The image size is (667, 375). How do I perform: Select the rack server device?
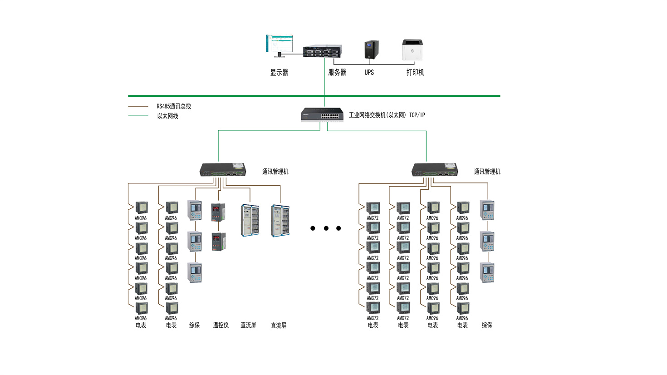click(322, 51)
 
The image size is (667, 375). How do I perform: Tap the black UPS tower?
click(371, 50)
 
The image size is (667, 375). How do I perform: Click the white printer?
click(412, 50)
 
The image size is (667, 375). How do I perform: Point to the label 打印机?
click(415, 73)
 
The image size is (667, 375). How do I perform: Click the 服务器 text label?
click(337, 73)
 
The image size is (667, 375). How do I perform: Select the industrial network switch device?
click(322, 114)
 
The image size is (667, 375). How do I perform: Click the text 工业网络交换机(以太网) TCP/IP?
click(387, 115)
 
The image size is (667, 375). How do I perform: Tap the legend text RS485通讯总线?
click(174, 106)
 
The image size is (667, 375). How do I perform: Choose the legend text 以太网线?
click(167, 116)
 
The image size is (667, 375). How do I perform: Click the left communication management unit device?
click(223, 170)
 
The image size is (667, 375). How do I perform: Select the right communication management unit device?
click(435, 170)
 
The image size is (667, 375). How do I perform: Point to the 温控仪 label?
click(221, 325)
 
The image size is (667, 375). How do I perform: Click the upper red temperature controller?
click(218, 212)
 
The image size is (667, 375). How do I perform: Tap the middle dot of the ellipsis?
click(326, 228)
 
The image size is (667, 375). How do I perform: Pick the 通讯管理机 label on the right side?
click(487, 172)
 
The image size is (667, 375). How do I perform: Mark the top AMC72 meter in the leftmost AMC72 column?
click(373, 208)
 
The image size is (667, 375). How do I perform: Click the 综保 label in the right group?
click(487, 325)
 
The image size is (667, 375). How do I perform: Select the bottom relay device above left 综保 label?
click(195, 273)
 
